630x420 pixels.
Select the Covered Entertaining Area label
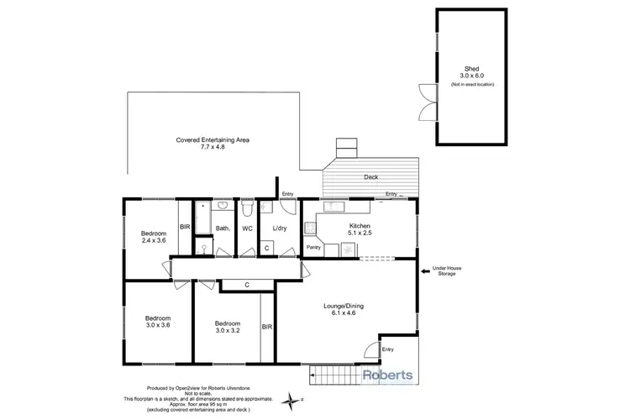coord(213,144)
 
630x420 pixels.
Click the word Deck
coord(370,177)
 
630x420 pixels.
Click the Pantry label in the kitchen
coord(313,248)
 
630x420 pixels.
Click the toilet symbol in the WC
coord(247,207)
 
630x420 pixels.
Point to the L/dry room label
coord(281,228)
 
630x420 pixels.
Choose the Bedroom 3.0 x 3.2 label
coord(226,326)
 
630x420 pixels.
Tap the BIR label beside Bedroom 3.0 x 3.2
coord(266,327)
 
